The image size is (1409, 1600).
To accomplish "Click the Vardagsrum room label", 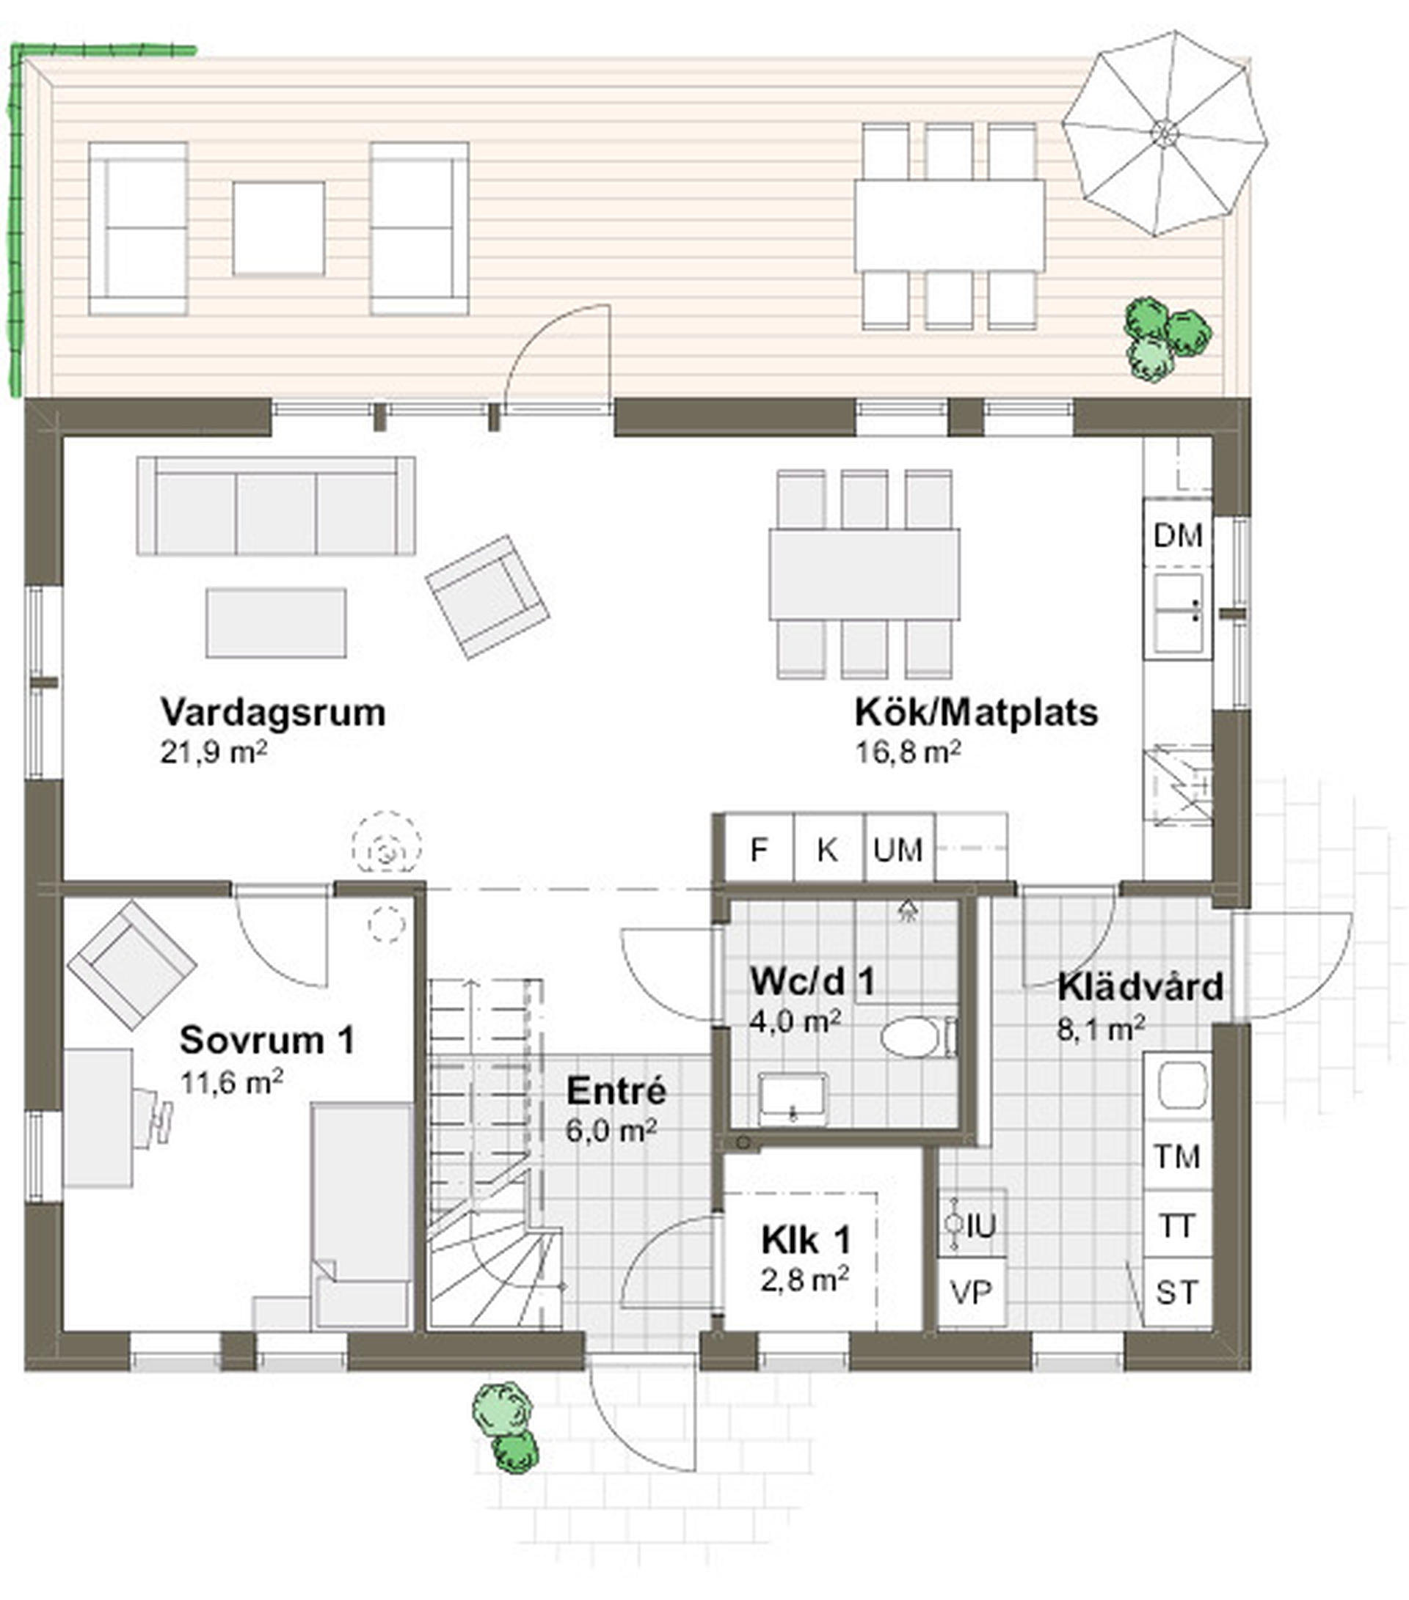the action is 272,712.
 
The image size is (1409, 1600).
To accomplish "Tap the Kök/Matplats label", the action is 976,712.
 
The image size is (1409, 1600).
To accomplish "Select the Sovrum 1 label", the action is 267,1041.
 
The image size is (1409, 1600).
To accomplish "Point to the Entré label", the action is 616,1090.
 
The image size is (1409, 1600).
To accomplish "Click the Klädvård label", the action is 1140,987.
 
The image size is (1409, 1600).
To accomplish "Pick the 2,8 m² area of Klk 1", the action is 804,1280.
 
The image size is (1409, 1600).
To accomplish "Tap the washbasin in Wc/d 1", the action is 793,1098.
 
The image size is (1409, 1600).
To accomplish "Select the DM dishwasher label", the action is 1178,536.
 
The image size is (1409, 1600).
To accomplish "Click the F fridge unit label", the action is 758,849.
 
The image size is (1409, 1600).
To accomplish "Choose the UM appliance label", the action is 898,849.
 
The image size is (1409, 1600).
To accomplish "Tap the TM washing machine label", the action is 1177,1156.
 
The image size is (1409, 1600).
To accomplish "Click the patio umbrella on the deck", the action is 1165,132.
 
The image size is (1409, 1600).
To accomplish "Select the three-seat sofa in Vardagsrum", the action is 277,506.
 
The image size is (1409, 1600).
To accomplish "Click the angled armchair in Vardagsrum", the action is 487,596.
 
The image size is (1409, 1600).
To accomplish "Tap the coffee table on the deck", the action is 279,228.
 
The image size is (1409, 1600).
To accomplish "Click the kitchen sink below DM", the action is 1177,614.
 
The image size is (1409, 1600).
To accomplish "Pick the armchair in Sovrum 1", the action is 131,964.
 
